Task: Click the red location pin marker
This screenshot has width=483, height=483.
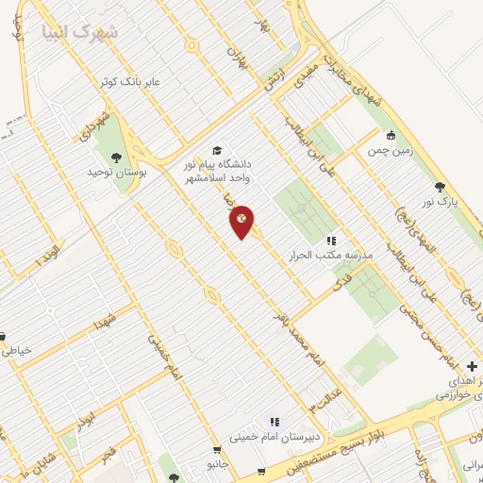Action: pos(242,221)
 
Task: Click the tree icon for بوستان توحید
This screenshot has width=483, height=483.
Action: pos(116,158)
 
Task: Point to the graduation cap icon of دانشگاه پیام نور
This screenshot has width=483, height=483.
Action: pos(217,150)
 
